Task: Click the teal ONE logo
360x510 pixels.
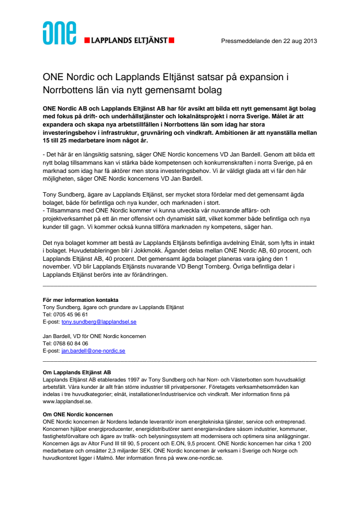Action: (x=59, y=33)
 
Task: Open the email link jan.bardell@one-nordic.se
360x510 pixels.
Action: (x=93, y=351)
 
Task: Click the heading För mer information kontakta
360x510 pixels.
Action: (x=80, y=300)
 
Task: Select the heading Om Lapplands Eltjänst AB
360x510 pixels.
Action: (x=77, y=372)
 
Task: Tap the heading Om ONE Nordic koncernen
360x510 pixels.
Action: (x=78, y=414)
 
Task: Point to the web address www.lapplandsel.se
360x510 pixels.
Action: (x=67, y=401)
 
